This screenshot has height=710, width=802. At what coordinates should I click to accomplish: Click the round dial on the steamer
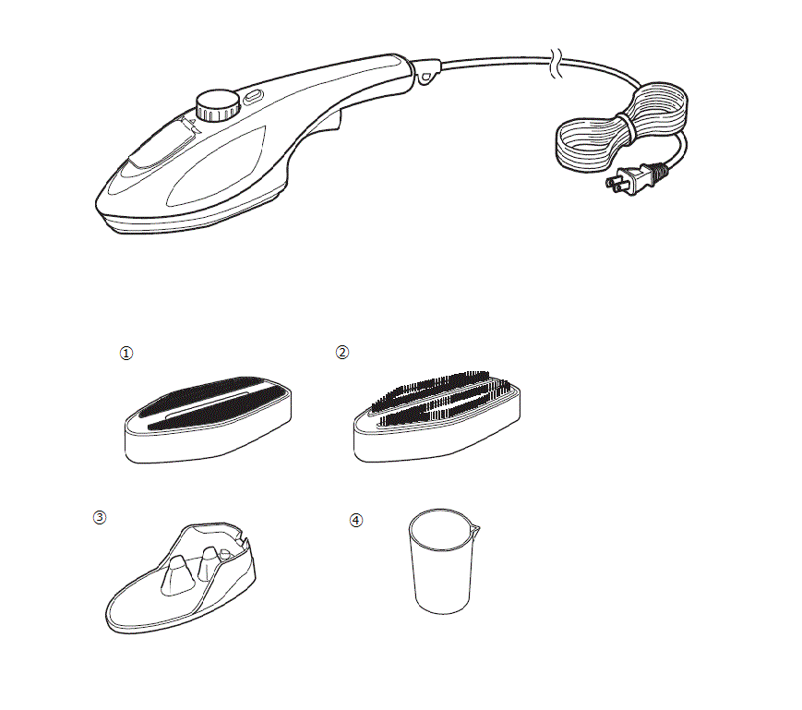[x=218, y=106]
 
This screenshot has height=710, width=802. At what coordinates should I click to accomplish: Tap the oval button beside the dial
[x=253, y=96]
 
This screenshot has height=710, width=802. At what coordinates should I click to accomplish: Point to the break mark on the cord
[x=557, y=63]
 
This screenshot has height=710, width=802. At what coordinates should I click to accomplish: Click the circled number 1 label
[x=126, y=353]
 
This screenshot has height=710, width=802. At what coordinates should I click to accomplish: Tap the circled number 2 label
[x=342, y=352]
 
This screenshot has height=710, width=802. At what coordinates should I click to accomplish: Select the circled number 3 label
[x=100, y=517]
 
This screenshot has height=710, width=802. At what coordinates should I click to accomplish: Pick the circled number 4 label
[x=356, y=520]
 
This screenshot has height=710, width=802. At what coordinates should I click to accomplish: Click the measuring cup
[x=443, y=561]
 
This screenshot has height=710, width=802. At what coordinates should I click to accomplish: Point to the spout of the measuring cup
[x=476, y=529]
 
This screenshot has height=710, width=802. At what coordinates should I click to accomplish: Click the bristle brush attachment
[x=437, y=416]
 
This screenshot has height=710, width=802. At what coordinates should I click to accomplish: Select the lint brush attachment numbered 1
[x=209, y=419]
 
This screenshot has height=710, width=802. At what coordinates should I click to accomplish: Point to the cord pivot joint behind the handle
[x=425, y=72]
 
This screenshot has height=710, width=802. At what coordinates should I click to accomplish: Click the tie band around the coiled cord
[x=627, y=126]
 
